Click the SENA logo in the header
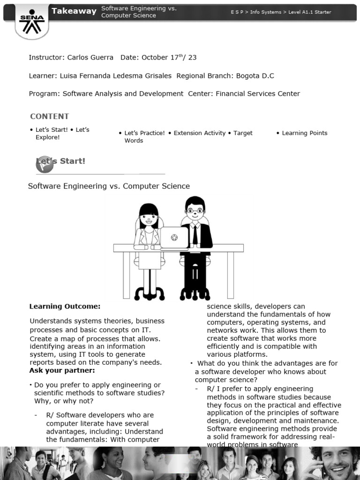pyautogui.click(x=31, y=22)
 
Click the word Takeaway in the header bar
pyautogui.click(x=74, y=11)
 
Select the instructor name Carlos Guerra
pyautogui.click(x=90, y=57)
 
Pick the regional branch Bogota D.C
pyautogui.click(x=255, y=75)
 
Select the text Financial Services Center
pyautogui.click(x=257, y=93)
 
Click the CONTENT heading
pyautogui.click(x=49, y=116)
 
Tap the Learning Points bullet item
pyautogui.click(x=305, y=133)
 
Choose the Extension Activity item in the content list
pyautogui.click(x=199, y=133)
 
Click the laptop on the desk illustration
pyautogui.click(x=174, y=237)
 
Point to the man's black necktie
pyautogui.click(x=195, y=235)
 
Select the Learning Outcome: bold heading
pyautogui.click(x=65, y=306)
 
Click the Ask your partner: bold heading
pyautogui.click(x=62, y=370)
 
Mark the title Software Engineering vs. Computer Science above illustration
pyautogui.click(x=109, y=186)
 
